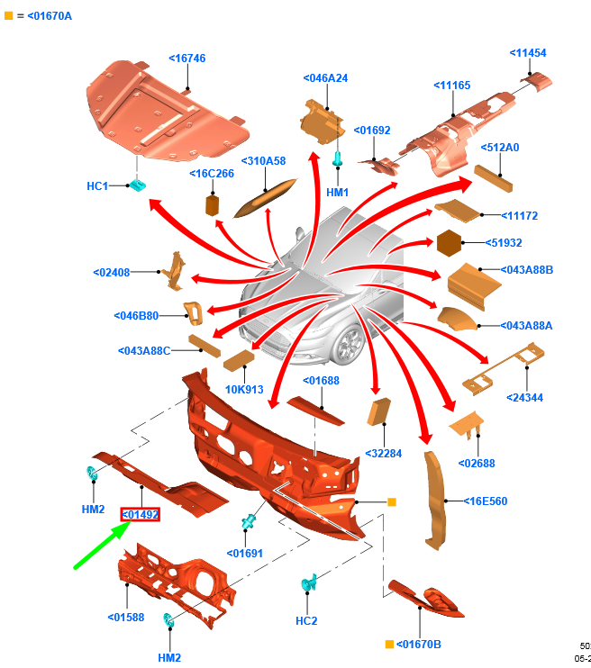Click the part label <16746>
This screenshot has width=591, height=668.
pos(187,59)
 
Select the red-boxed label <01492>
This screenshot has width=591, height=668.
pos(141,515)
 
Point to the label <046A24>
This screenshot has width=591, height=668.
pos(325,78)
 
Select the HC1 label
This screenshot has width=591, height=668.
pos(97,186)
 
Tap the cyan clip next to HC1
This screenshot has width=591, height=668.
pos(138,185)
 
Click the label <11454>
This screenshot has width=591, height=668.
pos(528,53)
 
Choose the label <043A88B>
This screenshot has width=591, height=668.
pos(526,269)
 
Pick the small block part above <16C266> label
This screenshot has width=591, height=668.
pos(214,204)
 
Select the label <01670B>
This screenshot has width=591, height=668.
pos(419,644)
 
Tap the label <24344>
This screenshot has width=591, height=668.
pos(524,397)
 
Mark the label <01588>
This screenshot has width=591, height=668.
pos(126,617)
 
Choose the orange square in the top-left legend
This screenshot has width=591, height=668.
pos(9,16)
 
